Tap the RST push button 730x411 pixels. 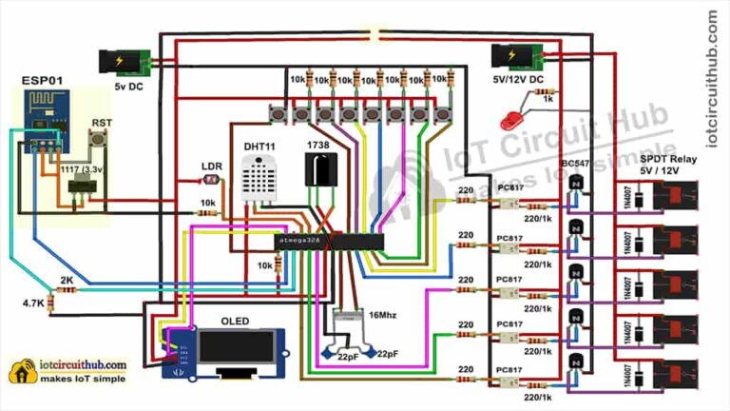pyautogui.click(x=97, y=143)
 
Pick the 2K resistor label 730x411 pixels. pyautogui.click(x=66, y=282)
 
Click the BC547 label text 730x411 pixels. pyautogui.click(x=576, y=164)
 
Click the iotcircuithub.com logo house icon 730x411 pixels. pyautogui.click(x=20, y=372)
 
